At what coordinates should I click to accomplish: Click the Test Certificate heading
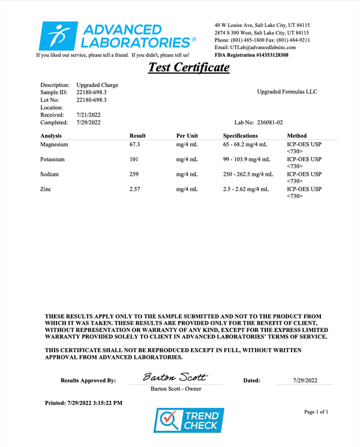pos(188,68)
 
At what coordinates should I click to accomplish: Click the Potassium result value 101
pos(134,160)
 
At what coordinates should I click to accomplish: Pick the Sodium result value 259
pos(134,174)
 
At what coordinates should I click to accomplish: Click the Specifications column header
pos(240,136)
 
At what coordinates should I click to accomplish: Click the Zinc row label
pos(46,190)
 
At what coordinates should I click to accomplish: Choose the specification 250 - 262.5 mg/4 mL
pos(248,174)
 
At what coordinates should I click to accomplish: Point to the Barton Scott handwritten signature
pos(175,377)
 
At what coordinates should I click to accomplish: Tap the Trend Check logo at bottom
pos(189,420)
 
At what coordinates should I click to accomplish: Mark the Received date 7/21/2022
pos(89,115)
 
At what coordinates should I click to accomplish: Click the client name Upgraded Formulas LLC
pos(286,92)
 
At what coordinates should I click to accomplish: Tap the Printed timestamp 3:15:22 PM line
pos(84,402)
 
